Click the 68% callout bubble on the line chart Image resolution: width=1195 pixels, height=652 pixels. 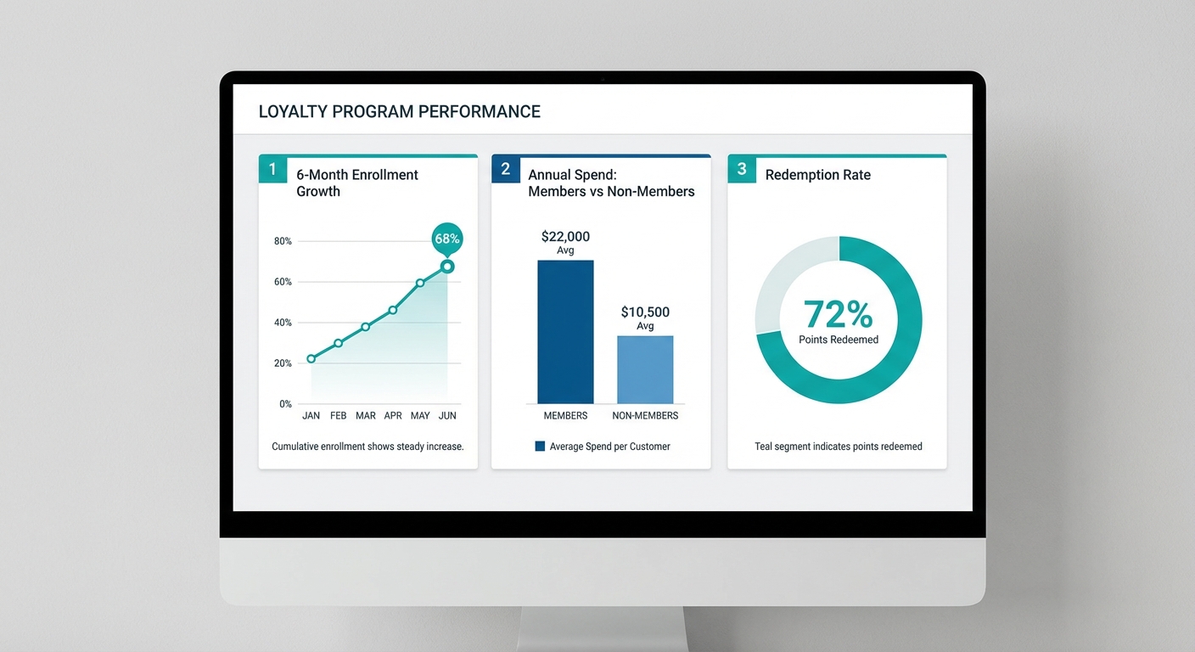pos(447,239)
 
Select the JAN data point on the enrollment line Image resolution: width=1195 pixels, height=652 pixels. pos(311,358)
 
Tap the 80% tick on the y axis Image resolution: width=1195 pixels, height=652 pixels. pos(283,241)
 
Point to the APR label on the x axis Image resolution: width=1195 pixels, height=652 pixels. pos(393,416)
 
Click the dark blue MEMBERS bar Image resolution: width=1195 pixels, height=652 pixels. pos(565,331)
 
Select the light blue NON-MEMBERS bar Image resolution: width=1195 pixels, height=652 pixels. pos(645,369)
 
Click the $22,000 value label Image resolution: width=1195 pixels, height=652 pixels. pos(565,237)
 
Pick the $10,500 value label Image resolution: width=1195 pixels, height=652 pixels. pos(645,312)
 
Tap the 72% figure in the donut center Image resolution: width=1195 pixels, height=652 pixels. pos(838,315)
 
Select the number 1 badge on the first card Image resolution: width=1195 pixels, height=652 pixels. pos(272,169)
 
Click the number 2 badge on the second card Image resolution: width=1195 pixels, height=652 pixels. pos(506,169)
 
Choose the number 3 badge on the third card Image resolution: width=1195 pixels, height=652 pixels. pos(742,169)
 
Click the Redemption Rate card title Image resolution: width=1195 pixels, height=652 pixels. pos(817,175)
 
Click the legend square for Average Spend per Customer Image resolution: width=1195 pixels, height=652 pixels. pos(540,446)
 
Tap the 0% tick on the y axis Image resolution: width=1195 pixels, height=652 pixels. pos(285,404)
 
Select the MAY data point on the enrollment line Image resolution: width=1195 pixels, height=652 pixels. pos(420,283)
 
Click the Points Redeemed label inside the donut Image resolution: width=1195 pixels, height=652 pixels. pos(839,340)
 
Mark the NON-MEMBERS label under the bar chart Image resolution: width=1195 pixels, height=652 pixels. pos(645,416)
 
